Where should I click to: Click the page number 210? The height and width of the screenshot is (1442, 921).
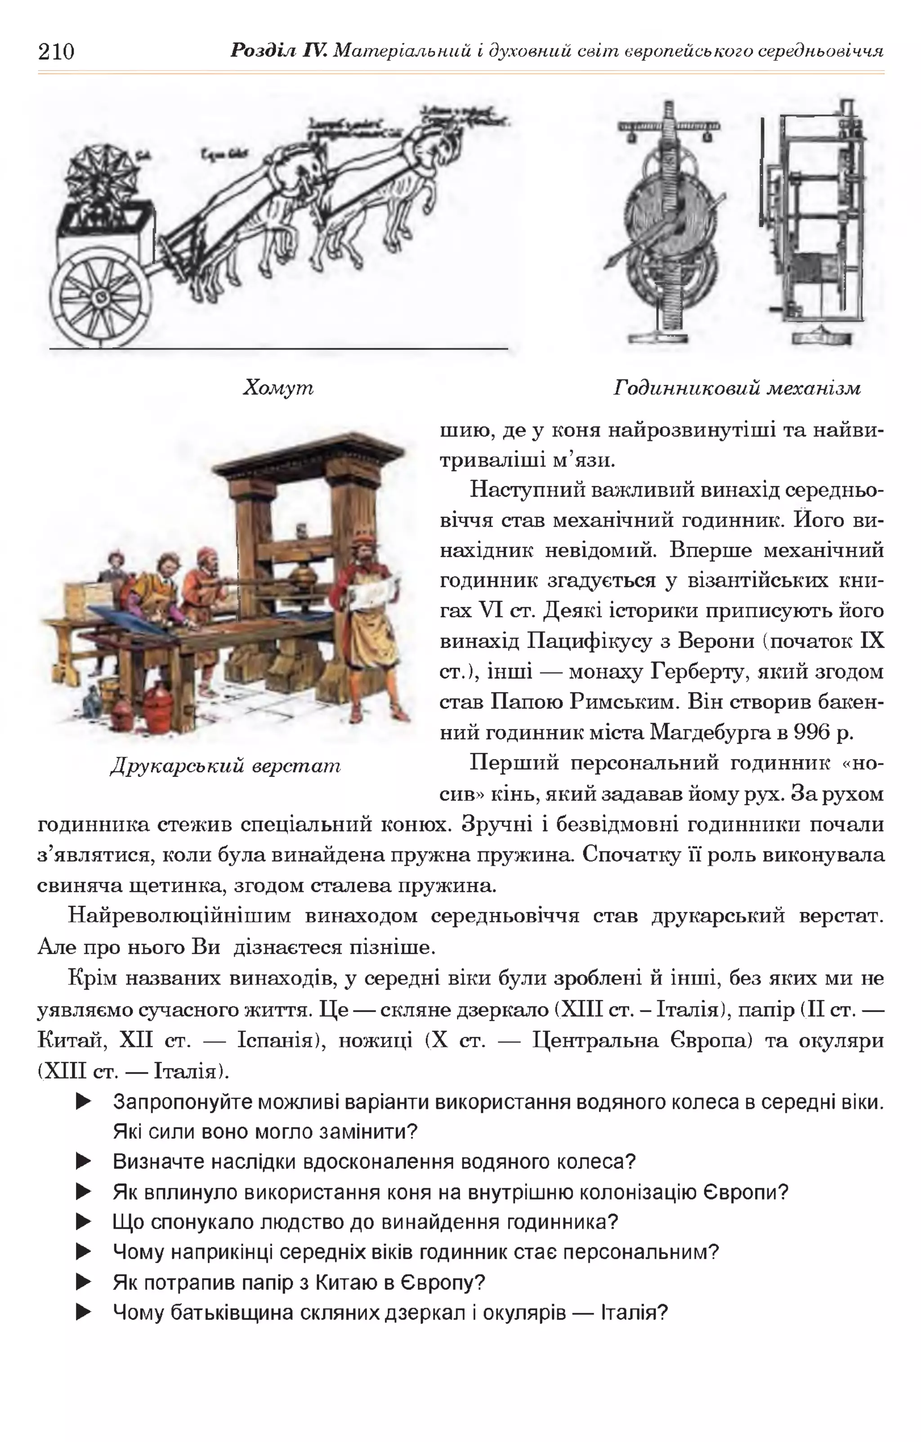56,52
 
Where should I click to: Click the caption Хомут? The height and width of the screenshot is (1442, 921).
278,388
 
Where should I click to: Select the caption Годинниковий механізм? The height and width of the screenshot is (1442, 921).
737,388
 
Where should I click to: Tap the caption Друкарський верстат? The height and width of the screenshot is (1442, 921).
226,765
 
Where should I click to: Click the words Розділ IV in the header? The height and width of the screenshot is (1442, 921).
278,50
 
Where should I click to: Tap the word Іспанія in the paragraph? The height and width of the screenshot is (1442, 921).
278,1040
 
